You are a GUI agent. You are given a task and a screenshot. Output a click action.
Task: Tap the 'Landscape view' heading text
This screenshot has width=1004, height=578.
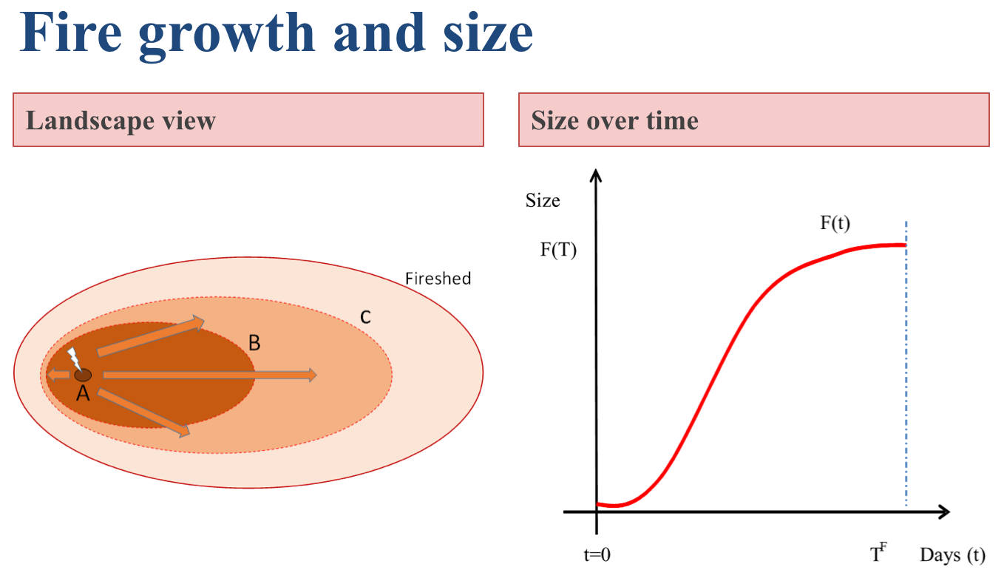(121, 120)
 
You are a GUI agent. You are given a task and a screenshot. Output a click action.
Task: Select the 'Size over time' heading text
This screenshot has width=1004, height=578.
(614, 120)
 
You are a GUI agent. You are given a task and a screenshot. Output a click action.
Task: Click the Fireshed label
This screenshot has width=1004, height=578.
(438, 279)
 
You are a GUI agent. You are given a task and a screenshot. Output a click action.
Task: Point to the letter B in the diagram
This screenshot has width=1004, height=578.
(254, 343)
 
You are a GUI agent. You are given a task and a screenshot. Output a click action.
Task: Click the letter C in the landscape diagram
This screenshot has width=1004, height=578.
(365, 317)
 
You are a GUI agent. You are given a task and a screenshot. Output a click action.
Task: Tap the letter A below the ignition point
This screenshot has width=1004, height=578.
(83, 394)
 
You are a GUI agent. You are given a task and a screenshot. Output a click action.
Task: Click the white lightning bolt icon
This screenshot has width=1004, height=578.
(75, 359)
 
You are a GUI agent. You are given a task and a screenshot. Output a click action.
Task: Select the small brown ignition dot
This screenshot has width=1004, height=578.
(83, 375)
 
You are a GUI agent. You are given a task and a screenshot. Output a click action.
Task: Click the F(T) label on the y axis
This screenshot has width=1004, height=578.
(558, 249)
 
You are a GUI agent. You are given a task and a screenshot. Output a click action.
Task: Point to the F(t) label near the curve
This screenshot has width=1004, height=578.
(835, 224)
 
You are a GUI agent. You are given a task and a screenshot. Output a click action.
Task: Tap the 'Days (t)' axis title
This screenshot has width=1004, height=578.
(953, 555)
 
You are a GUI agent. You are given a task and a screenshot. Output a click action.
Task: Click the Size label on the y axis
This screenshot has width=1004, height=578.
(543, 200)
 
